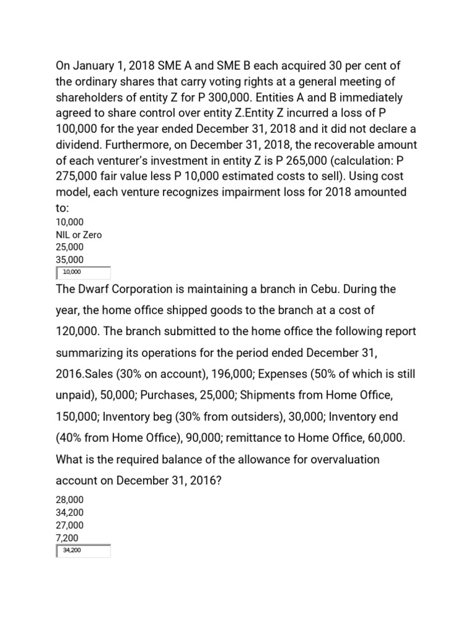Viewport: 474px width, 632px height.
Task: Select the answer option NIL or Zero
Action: pos(79,235)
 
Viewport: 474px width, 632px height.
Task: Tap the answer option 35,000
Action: pos(70,260)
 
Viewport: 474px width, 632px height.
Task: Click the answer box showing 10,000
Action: pos(83,272)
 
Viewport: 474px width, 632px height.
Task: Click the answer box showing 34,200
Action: pos(83,551)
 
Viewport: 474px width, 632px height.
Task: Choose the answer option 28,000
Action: pos(70,500)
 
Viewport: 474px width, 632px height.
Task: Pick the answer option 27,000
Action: pos(70,525)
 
